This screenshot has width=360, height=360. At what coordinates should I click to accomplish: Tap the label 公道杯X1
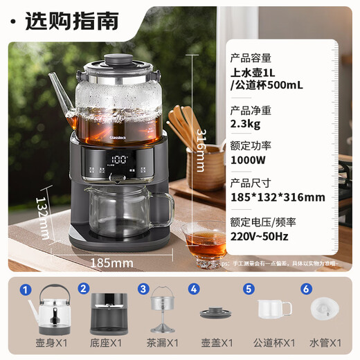coord(276,342)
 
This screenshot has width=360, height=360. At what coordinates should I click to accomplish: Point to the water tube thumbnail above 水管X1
coord(325,309)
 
